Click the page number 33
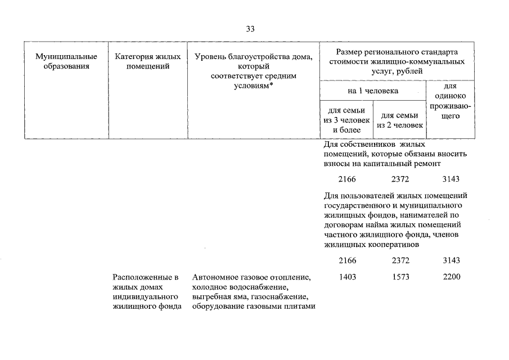tap(250, 29)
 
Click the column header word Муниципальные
tap(66, 57)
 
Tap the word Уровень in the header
tap(209, 57)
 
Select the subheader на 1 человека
tap(373, 90)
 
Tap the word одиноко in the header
tap(450, 96)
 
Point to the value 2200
tap(451, 277)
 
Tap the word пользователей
tap(368, 196)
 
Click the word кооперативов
tap(389, 245)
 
